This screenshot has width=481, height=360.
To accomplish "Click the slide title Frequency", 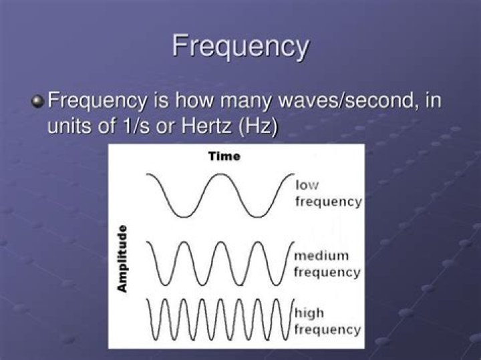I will [240, 47].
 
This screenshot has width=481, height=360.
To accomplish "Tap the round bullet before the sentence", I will [38, 102].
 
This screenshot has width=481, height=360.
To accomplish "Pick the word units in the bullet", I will [68, 126].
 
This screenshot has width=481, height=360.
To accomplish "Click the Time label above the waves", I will [224, 157].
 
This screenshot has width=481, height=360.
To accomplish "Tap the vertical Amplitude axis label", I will [122, 258].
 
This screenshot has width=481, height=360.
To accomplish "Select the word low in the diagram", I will [307, 184].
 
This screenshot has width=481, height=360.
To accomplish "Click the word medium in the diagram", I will [321, 256].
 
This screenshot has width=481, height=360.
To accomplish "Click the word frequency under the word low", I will [328, 200].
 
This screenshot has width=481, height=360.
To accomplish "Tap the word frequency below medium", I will [327, 272].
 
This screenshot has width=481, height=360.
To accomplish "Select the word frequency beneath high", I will [327, 329].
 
